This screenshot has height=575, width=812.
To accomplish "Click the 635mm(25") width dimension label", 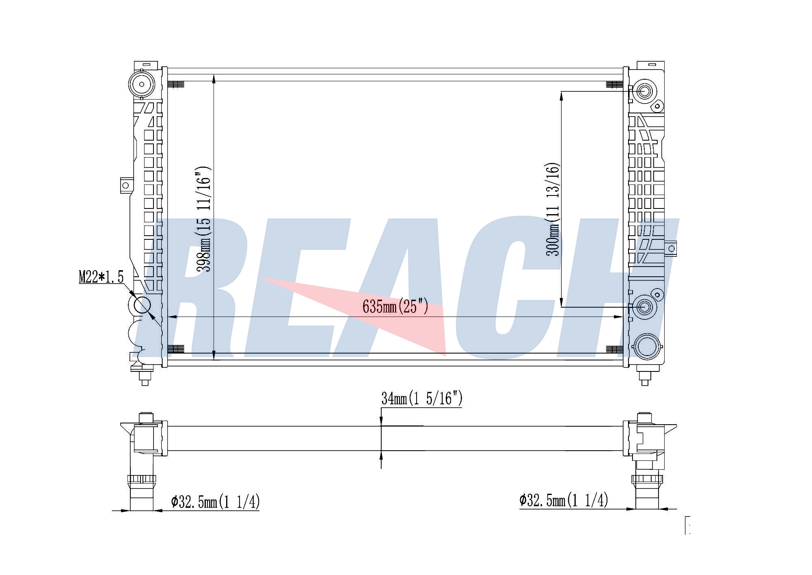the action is pos(395,306).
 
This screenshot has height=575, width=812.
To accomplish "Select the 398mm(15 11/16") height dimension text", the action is pos(203,219).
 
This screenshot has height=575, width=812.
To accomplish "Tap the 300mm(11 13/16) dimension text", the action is pos(553,209).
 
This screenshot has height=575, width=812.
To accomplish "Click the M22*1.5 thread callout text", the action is pos(101,277).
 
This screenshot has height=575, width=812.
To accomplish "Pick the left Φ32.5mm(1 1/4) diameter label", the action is pos(215,502).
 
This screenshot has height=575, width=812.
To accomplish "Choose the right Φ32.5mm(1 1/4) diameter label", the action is pos(564,500).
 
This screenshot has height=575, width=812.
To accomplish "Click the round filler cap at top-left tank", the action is pos(142,85).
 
